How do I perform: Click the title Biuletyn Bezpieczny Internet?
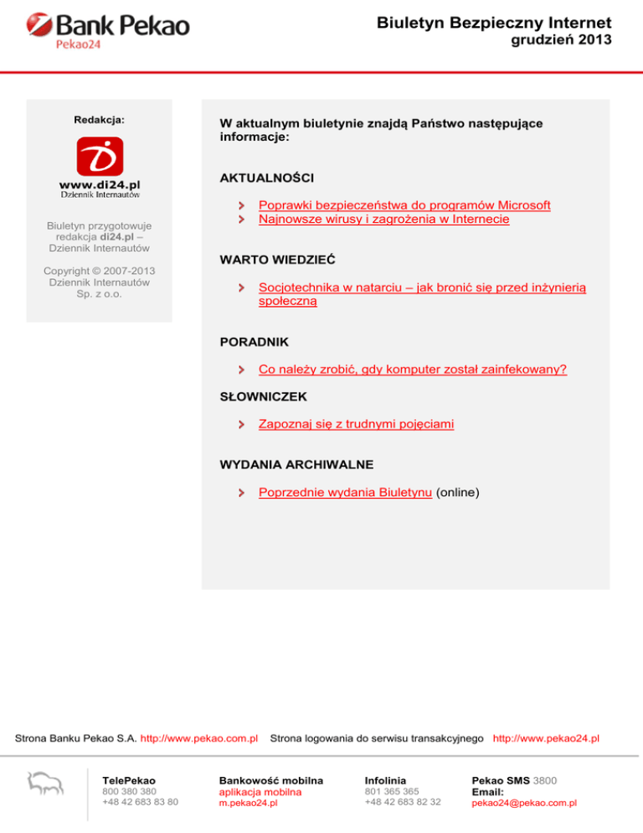(x=494, y=23)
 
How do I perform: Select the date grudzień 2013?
(x=561, y=40)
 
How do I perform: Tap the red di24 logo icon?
(x=100, y=157)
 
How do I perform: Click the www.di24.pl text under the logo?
(x=100, y=183)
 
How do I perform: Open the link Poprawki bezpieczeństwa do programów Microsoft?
(x=404, y=204)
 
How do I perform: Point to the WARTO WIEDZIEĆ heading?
(x=278, y=260)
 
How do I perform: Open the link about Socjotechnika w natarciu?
(x=422, y=287)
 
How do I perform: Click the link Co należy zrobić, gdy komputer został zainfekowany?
(x=413, y=369)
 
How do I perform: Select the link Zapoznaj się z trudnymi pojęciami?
(x=357, y=424)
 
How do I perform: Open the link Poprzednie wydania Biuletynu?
(x=346, y=493)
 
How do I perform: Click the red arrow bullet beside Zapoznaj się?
(x=241, y=425)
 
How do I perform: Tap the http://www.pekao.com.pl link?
(x=198, y=738)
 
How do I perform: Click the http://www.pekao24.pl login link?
(x=546, y=738)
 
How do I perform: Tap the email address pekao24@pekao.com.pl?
(x=524, y=803)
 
